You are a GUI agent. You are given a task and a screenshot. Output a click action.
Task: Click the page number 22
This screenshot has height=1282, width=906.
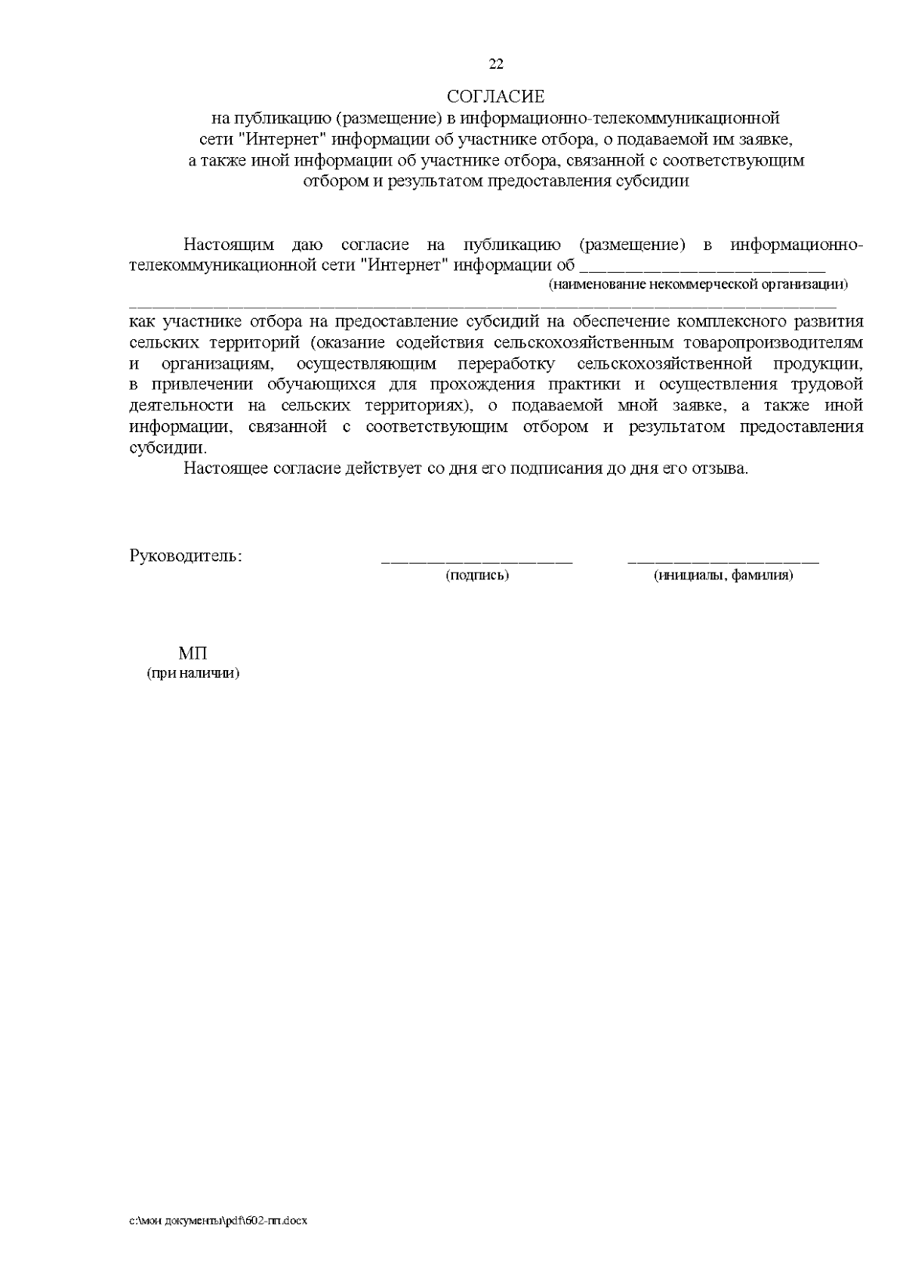[x=496, y=64]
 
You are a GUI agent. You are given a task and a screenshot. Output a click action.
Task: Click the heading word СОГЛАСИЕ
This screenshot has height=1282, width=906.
[x=495, y=97]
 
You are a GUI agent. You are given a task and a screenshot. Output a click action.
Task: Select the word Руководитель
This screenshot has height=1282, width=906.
[x=186, y=557]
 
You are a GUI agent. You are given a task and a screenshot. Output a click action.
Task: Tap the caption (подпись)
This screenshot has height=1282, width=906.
[x=477, y=576]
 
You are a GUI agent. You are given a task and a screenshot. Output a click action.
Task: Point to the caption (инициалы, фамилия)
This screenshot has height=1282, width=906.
[x=723, y=576]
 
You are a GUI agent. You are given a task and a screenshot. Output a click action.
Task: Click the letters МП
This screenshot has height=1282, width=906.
[x=193, y=653]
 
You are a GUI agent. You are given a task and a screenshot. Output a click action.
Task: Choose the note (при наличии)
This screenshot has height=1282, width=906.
[x=193, y=673]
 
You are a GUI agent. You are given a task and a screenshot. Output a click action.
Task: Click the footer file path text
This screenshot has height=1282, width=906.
[x=220, y=1221]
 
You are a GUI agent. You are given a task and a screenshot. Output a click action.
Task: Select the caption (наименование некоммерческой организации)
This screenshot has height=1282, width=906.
[x=698, y=285]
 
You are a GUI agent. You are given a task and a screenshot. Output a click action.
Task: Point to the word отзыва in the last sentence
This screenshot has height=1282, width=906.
[x=724, y=468]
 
